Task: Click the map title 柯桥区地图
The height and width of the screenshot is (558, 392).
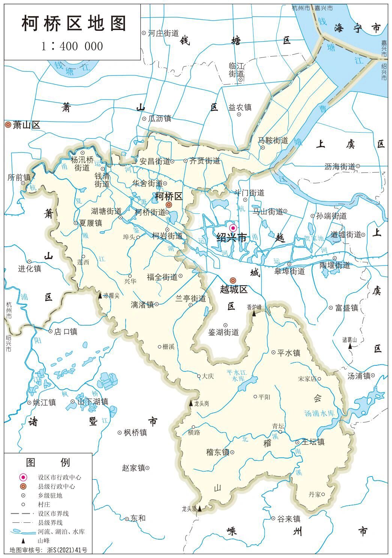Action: (x=74, y=24)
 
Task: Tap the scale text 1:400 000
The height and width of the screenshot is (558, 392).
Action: (x=72, y=46)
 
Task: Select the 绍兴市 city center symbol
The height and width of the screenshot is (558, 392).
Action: (x=233, y=228)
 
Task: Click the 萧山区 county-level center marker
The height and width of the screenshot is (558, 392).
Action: (x=8, y=125)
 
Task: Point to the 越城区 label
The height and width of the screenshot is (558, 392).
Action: (x=234, y=290)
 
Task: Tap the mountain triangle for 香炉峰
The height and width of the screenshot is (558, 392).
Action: (x=254, y=313)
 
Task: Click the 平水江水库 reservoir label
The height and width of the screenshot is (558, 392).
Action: (x=236, y=376)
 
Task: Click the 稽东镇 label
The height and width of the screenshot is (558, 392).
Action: (x=218, y=452)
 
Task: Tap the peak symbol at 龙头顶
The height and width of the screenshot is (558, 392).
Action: (x=200, y=509)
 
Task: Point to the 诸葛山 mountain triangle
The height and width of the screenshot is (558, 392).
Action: (x=350, y=346)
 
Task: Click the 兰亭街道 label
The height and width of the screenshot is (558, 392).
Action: (x=191, y=299)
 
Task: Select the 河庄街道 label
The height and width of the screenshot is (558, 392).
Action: (x=163, y=33)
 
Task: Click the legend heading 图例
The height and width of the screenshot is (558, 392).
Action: (x=48, y=462)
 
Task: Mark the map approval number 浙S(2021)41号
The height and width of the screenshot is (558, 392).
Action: (x=68, y=550)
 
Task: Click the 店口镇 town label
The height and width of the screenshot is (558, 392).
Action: (x=66, y=332)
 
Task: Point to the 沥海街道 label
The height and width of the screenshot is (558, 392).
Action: (x=339, y=166)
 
